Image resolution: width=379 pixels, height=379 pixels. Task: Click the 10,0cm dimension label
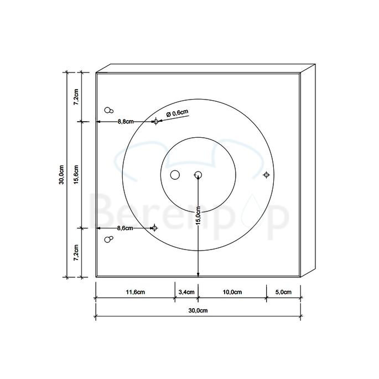tap(232, 292)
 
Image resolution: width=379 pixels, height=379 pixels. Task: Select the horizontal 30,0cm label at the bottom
tap(198, 311)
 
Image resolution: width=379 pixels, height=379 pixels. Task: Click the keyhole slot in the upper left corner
tap(109, 110)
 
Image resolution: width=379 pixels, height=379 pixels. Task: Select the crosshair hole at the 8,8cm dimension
tap(156, 121)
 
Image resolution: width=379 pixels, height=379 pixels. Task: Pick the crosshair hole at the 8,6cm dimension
tap(155, 228)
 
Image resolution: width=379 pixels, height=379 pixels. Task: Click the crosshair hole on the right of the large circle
tap(266, 175)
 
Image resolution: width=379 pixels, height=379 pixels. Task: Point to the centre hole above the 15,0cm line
tap(198, 175)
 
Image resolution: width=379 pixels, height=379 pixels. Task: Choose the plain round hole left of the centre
tap(175, 175)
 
